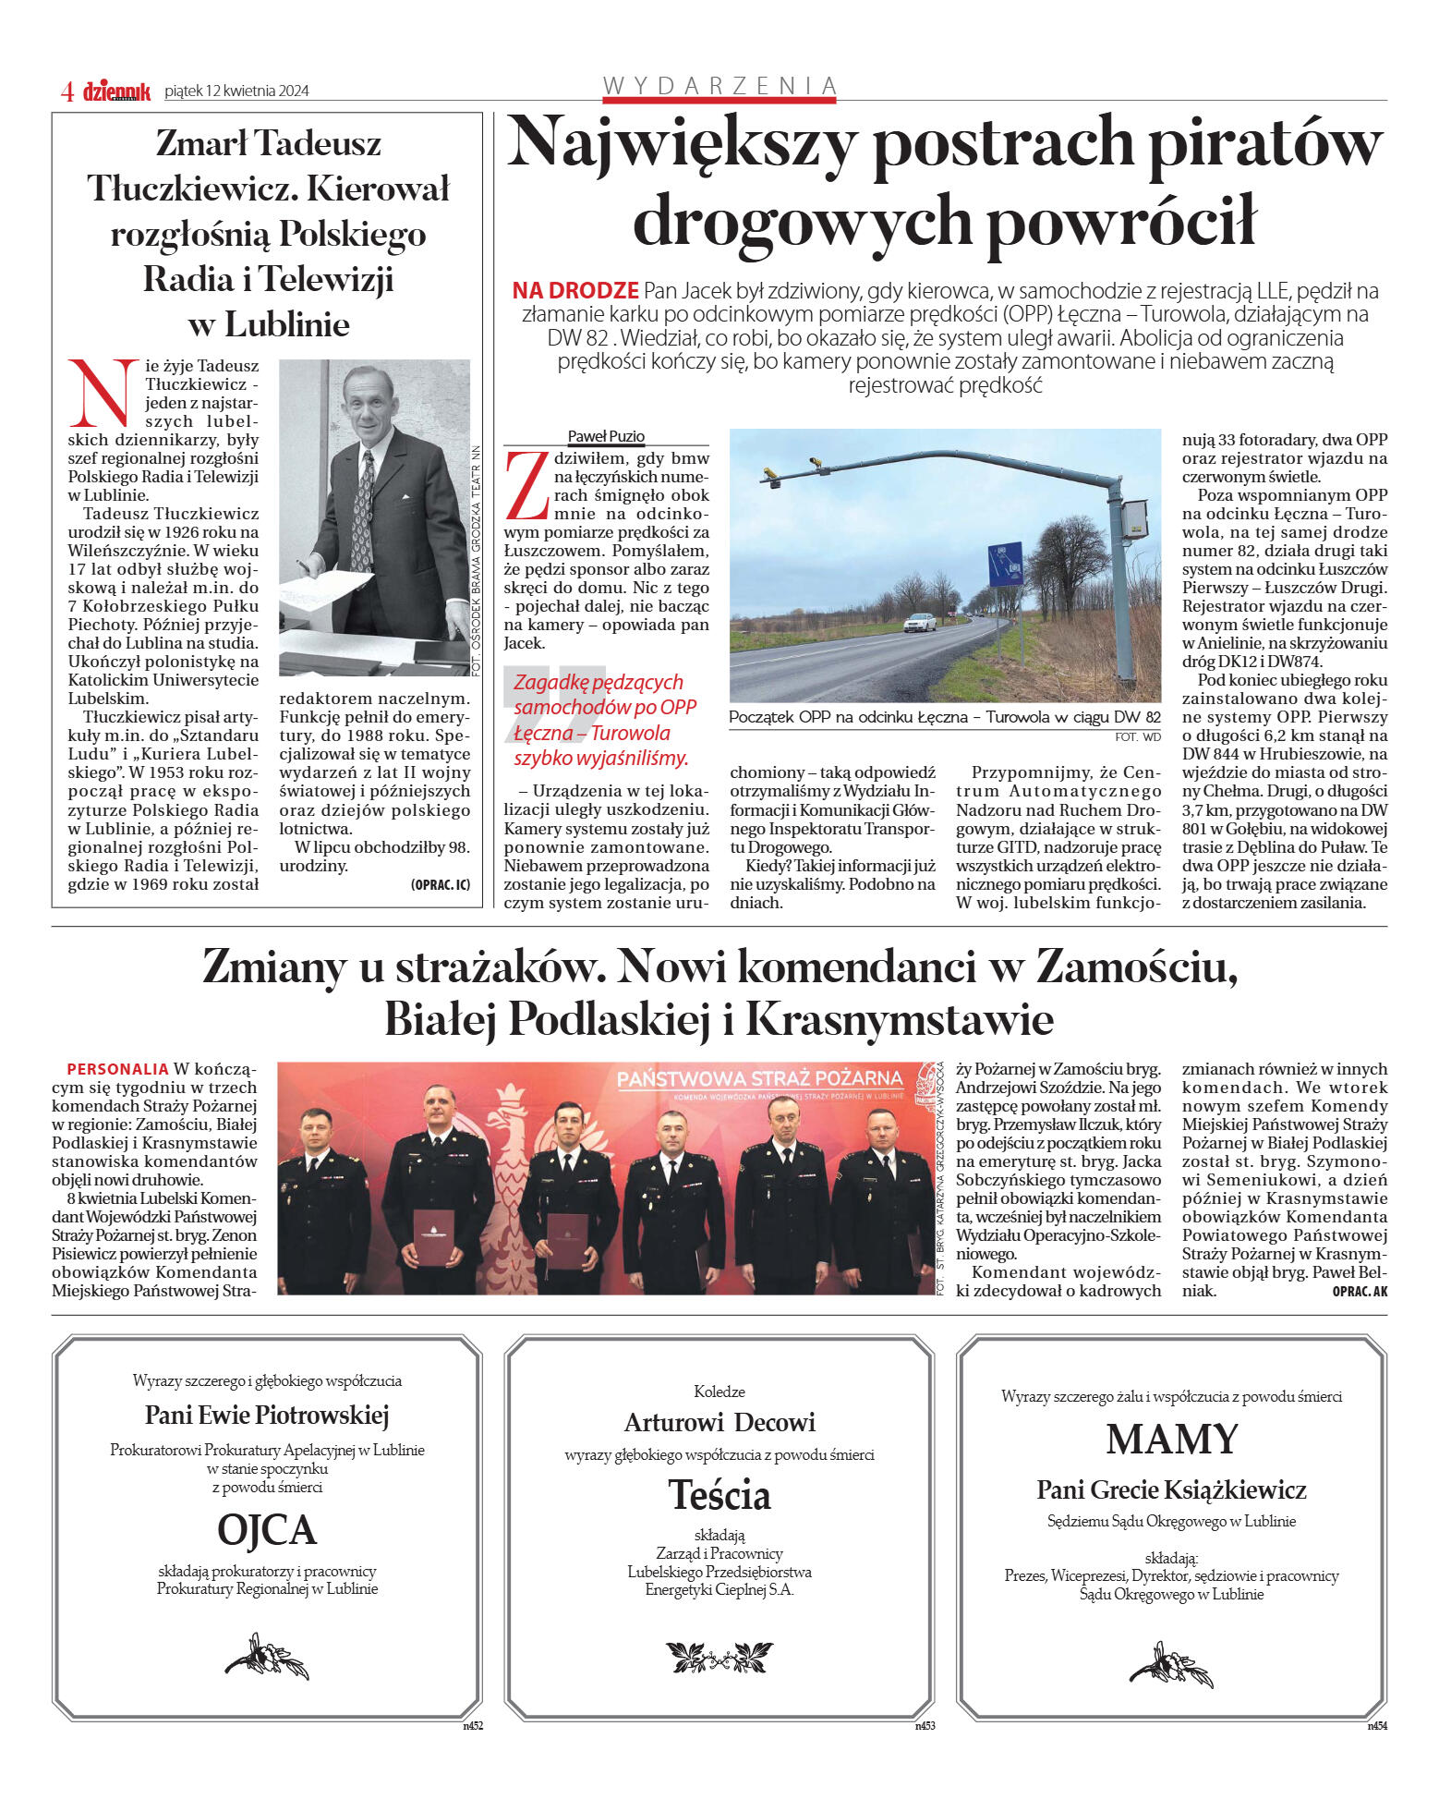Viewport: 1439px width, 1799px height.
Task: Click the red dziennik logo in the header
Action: point(116,91)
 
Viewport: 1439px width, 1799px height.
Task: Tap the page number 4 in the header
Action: point(67,91)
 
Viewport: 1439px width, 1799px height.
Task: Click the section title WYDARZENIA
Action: point(719,86)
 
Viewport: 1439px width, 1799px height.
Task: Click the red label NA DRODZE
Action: point(575,291)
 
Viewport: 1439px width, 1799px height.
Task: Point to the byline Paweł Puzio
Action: point(606,436)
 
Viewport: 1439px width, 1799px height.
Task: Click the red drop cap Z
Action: point(527,485)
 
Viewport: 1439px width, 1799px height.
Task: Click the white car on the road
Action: point(919,623)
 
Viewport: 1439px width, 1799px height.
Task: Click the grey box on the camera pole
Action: point(1135,518)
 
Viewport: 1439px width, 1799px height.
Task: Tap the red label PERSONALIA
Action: point(117,1069)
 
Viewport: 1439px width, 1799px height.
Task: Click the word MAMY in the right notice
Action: point(1171,1440)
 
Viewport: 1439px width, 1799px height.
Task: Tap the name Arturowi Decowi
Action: point(719,1422)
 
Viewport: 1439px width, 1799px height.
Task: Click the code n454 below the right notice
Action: point(1376,1725)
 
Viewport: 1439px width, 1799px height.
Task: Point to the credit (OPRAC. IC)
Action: point(440,884)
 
